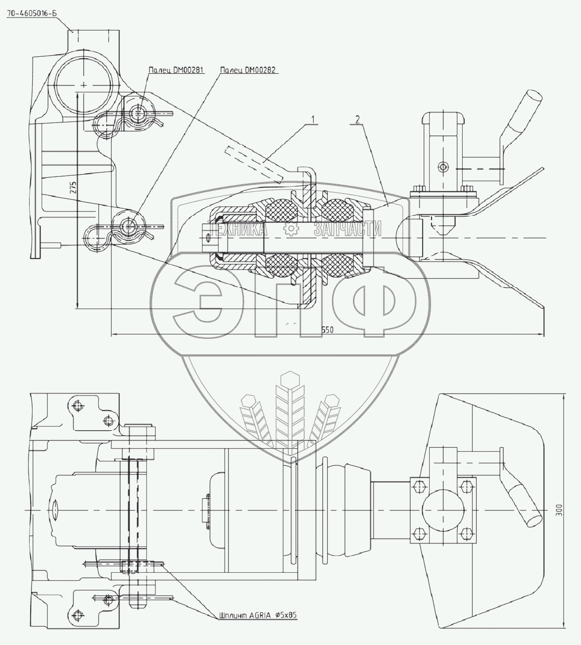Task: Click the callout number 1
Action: [312, 119]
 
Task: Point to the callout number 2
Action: [357, 119]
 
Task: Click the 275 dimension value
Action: [73, 188]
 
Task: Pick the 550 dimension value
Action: [327, 330]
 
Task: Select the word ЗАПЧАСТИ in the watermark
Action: [347, 230]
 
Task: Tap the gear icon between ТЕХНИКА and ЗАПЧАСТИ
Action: [290, 229]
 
